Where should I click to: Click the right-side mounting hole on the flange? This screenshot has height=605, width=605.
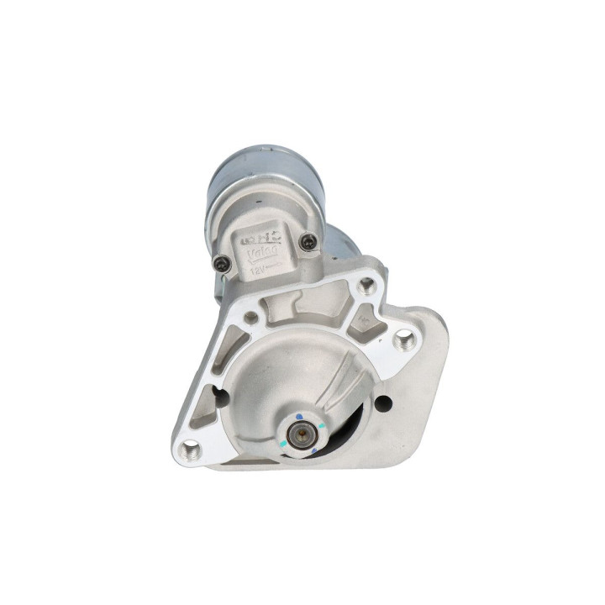click(405, 339)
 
